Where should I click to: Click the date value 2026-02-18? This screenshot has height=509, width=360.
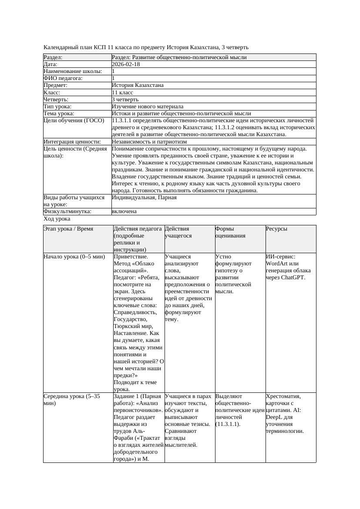click(126, 64)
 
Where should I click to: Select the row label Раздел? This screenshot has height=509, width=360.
click(53, 57)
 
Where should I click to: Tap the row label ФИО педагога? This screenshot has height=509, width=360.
click(63, 78)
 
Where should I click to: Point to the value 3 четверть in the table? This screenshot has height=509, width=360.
click(125, 100)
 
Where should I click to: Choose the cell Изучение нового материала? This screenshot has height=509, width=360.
click(148, 107)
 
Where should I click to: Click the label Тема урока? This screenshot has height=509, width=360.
click(59, 114)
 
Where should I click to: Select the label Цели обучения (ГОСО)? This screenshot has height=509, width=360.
click(74, 121)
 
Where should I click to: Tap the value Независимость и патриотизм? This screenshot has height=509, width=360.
click(149, 142)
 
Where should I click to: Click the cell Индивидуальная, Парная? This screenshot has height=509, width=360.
click(144, 198)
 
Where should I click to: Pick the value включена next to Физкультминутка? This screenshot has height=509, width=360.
click(124, 211)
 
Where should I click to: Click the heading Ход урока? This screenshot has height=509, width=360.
click(57, 219)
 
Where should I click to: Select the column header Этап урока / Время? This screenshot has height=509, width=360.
click(68, 229)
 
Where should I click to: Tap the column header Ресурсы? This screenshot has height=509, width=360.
click(276, 229)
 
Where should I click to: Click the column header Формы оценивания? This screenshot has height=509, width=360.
click(231, 232)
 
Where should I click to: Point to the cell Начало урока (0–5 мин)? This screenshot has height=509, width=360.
click(74, 257)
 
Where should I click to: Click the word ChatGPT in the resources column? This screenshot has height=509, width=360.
click(293, 278)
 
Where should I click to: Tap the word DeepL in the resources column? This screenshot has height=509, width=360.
click(274, 417)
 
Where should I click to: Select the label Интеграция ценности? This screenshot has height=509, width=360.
click(72, 142)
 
